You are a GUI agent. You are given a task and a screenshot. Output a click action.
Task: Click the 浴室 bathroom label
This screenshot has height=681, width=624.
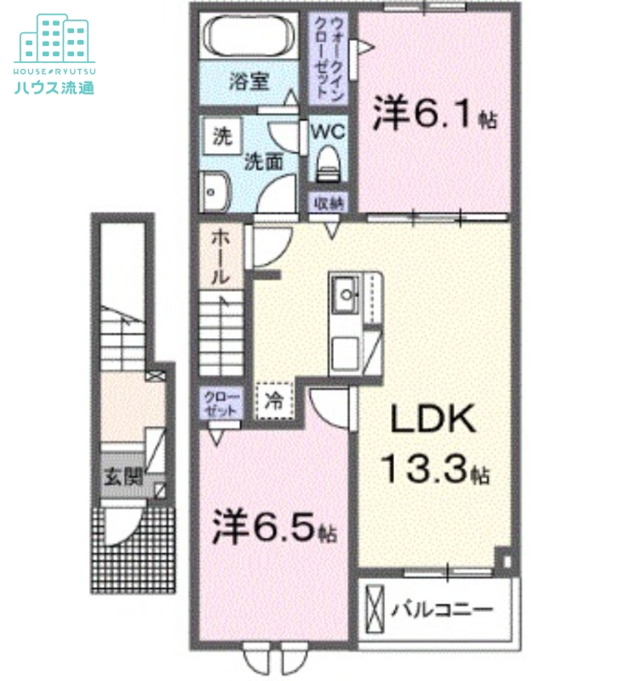[x=249, y=83]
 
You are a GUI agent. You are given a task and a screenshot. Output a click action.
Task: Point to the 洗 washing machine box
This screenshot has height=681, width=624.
[x=221, y=135]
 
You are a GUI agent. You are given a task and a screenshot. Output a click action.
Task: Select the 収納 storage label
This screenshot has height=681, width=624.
[x=328, y=203]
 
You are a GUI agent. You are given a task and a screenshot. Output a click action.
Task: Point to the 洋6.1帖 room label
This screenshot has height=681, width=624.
[x=434, y=115]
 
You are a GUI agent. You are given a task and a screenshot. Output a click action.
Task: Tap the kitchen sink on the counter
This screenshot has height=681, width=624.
[x=346, y=296]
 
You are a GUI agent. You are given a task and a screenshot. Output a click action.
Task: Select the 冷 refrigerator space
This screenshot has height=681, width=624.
[x=274, y=399]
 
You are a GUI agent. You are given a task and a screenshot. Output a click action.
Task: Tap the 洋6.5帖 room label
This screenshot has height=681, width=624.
[x=272, y=528]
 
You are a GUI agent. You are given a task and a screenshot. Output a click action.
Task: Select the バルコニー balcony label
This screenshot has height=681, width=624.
[x=442, y=609]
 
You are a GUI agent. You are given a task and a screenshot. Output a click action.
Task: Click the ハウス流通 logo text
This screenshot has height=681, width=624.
[x=54, y=86]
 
